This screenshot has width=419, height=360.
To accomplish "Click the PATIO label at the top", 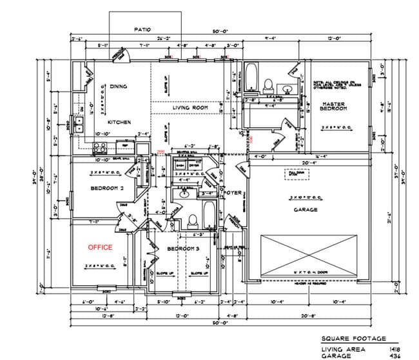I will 142,30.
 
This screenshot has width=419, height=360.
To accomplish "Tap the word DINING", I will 118,86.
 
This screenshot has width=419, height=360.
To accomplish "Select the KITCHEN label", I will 119,122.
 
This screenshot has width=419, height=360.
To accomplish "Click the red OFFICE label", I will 101,247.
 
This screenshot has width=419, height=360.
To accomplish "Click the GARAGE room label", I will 306,210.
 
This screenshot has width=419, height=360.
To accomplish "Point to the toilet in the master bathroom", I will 269,82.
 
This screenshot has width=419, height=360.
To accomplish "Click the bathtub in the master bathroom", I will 251,77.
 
